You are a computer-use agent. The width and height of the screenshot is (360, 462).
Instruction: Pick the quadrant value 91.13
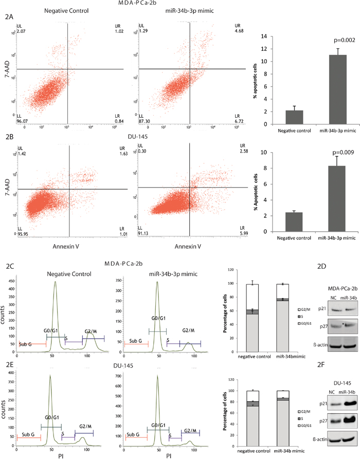pyautogui.click(x=146, y=231)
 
